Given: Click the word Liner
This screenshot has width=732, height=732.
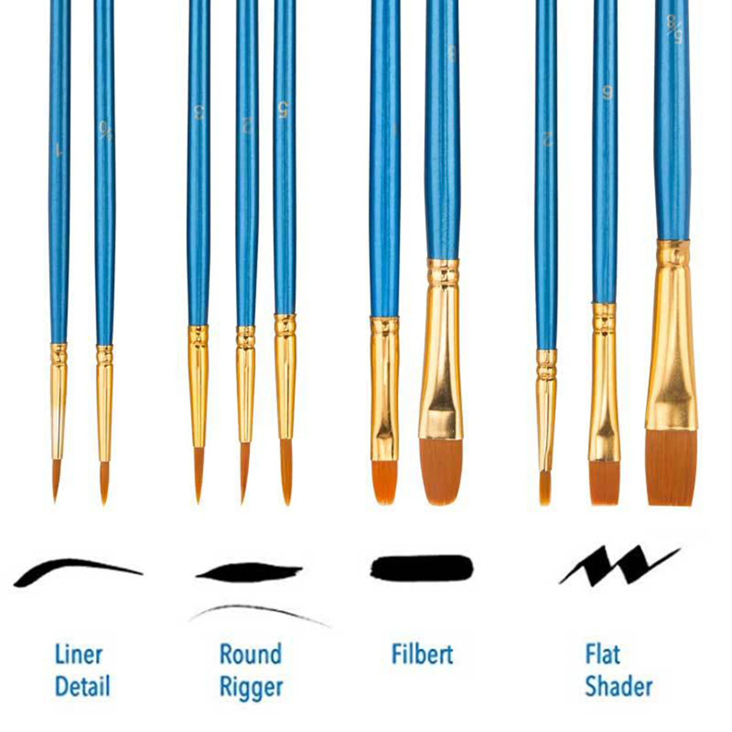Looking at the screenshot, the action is coord(78,655).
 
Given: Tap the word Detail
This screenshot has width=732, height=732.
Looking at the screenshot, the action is coord(82,686).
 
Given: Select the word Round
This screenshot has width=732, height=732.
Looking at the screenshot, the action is coord(251,654).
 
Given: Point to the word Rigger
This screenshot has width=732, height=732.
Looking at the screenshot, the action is coord(251,687).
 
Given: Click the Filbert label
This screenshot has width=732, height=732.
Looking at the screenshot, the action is coord(422,654).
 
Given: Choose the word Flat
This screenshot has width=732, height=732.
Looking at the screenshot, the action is coord(602,654).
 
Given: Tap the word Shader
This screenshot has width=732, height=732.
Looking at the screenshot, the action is coord(619,686).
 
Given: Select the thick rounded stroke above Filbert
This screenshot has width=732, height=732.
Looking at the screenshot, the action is coord(422,568).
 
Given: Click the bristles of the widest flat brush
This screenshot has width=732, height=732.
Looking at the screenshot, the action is coord(671,467).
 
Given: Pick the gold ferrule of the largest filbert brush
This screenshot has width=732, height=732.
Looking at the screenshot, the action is coord(441,349).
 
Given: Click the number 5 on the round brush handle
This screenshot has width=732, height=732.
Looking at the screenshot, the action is coord(283,110).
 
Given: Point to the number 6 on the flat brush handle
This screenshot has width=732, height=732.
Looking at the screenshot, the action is coord(607,93).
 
